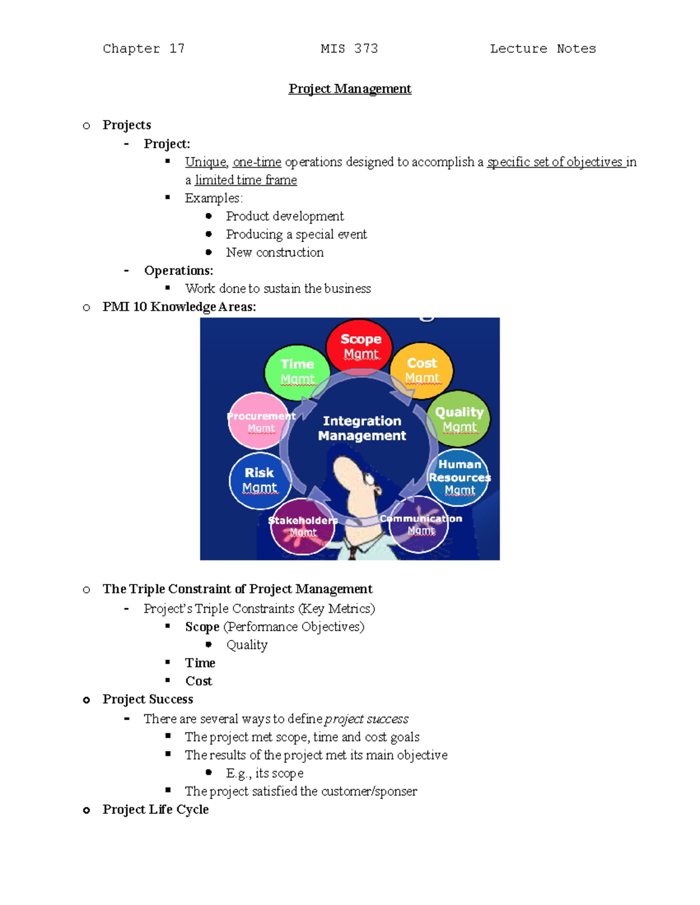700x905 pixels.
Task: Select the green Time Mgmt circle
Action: pos(297,372)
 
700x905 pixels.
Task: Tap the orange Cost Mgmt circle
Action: pos(421,371)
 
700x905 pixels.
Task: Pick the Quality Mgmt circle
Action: pos(459,419)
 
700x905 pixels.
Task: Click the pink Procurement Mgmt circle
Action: pos(259,421)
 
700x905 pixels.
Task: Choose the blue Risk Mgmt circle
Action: pos(259,480)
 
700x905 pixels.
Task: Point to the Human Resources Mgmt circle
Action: pos(459,477)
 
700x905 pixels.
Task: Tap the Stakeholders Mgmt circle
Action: pos(303,526)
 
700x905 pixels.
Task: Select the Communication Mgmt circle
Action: pos(419,524)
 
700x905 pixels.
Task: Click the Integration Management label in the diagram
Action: pos(362,428)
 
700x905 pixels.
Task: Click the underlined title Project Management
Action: pos(350,89)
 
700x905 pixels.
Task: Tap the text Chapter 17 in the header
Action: pos(143,49)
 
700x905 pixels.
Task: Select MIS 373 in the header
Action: pos(349,49)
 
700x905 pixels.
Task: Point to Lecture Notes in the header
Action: pos(542,49)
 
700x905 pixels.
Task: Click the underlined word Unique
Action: pos(205,162)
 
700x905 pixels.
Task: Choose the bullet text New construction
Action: pos(275,252)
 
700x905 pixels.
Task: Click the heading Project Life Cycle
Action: pos(155,809)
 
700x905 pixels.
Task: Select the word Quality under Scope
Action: pos(247,645)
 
